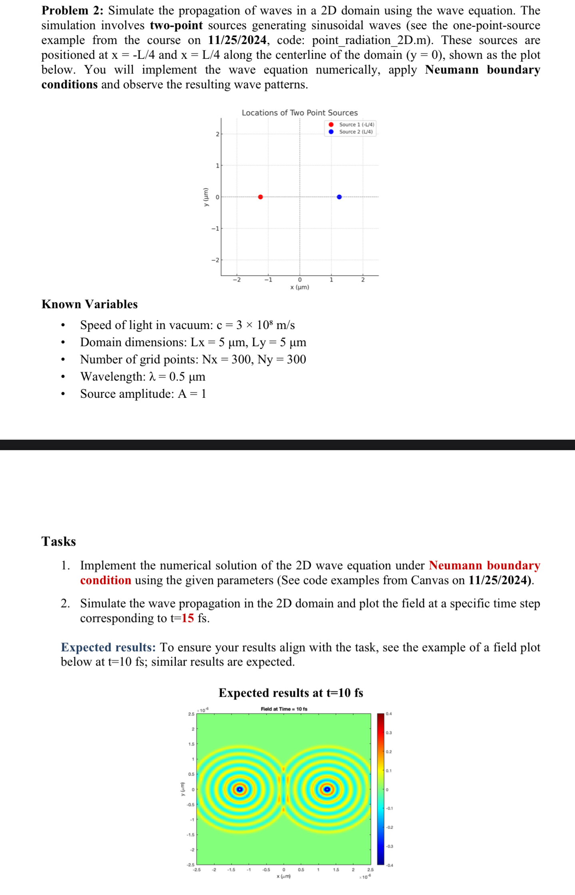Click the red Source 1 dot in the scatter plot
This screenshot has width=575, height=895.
point(260,197)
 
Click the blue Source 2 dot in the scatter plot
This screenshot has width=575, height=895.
point(339,197)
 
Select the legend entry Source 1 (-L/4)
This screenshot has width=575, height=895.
point(356,125)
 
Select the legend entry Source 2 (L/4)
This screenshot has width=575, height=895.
point(355,132)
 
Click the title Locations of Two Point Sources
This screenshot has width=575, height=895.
point(299,113)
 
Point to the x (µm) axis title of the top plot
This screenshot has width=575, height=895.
point(299,287)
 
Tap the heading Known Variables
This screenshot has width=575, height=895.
point(90,304)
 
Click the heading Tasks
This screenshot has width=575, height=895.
point(58,541)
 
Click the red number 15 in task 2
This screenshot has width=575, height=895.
point(188,618)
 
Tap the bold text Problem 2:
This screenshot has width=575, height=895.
point(72,10)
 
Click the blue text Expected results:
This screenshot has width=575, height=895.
point(108,647)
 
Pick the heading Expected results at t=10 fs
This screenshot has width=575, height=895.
point(291,693)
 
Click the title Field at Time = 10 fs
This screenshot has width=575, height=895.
point(284,709)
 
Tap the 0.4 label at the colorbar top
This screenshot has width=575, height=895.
point(389,714)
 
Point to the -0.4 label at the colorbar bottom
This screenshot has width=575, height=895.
point(389,865)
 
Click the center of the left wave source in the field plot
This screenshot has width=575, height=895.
point(240,789)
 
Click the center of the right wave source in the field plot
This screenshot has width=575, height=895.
point(327,789)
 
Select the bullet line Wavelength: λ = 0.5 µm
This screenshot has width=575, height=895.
point(143,377)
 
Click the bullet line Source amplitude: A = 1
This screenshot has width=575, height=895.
point(143,394)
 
